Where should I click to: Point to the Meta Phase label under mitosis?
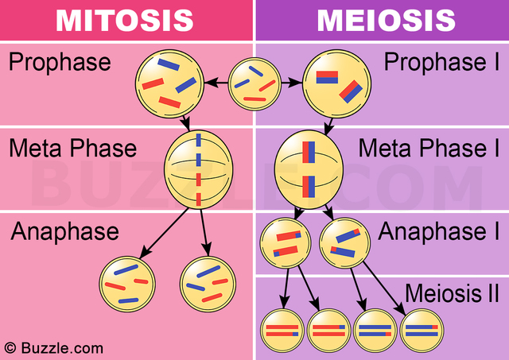click(73, 148)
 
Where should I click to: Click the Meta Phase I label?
click(424, 148)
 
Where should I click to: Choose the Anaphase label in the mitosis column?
click(64, 231)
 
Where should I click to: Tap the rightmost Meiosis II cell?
click(422, 328)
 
